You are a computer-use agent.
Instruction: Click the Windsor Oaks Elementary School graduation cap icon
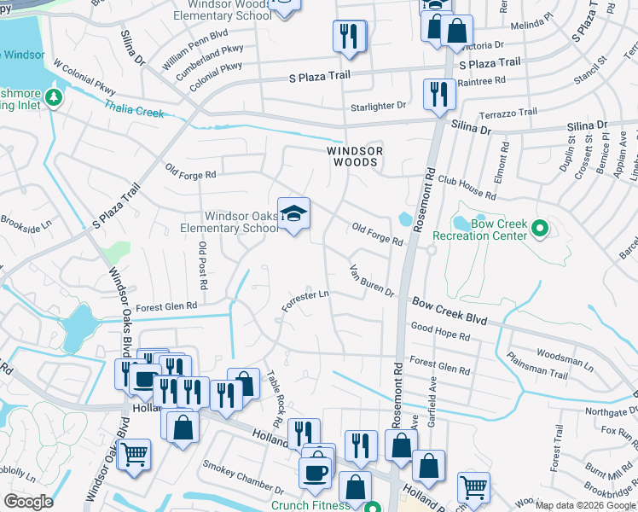click(293, 214)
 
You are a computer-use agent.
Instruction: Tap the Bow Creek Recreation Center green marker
click(539, 228)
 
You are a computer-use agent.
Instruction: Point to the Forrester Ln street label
click(306, 300)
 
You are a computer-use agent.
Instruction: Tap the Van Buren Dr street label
click(372, 282)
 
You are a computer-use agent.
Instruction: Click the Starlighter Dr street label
click(380, 106)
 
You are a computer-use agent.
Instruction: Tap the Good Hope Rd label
click(440, 332)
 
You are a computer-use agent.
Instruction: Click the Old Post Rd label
click(204, 265)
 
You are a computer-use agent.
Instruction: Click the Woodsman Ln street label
click(564, 358)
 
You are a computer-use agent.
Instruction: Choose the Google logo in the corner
click(29, 502)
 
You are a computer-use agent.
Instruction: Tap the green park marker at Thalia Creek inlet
click(53, 97)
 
